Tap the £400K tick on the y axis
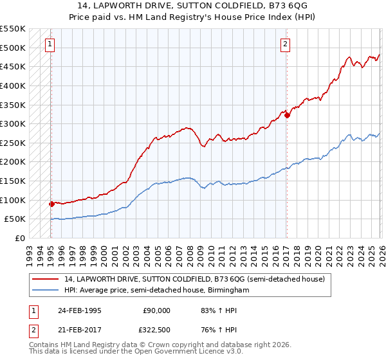13,85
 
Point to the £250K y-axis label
13,143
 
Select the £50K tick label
15,219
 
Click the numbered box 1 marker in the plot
50,44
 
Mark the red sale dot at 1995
51,204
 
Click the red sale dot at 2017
287,115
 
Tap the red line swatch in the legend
46,280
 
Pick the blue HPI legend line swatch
46,291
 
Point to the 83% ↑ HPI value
218,310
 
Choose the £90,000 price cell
157,310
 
